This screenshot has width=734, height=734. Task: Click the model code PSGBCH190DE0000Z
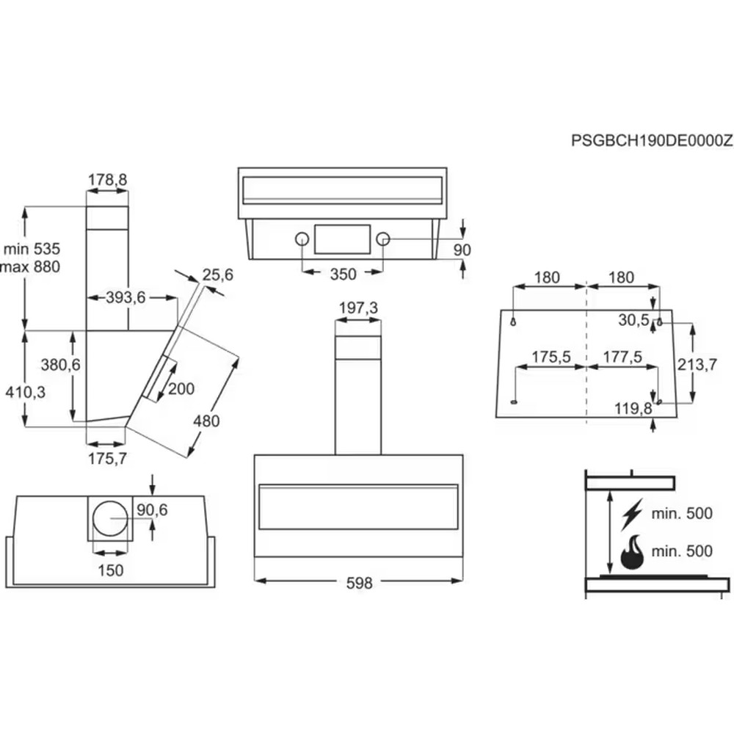pyautogui.click(x=652, y=141)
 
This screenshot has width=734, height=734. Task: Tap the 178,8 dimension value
pyautogui.click(x=107, y=179)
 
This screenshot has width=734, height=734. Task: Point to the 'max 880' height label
pyautogui.click(x=31, y=266)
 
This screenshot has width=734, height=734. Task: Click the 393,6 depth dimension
pyautogui.click(x=126, y=297)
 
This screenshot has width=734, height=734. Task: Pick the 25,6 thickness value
pyautogui.click(x=217, y=275)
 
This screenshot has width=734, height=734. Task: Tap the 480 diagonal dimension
pyautogui.click(x=206, y=421)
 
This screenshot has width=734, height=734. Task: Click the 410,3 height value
pyautogui.click(x=26, y=393)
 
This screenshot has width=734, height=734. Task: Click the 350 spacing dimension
pyautogui.click(x=342, y=275)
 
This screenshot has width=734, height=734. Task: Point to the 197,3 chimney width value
pyautogui.click(x=358, y=308)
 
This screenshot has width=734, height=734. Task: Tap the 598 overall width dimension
pyautogui.click(x=358, y=584)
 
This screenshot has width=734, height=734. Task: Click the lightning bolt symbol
pyautogui.click(x=631, y=514)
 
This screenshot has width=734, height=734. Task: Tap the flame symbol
pyautogui.click(x=631, y=553)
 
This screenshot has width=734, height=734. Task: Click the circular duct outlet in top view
pyautogui.click(x=111, y=518)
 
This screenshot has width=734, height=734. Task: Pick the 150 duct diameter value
pyautogui.click(x=111, y=570)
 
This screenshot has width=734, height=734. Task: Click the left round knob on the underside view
pyautogui.click(x=301, y=239)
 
